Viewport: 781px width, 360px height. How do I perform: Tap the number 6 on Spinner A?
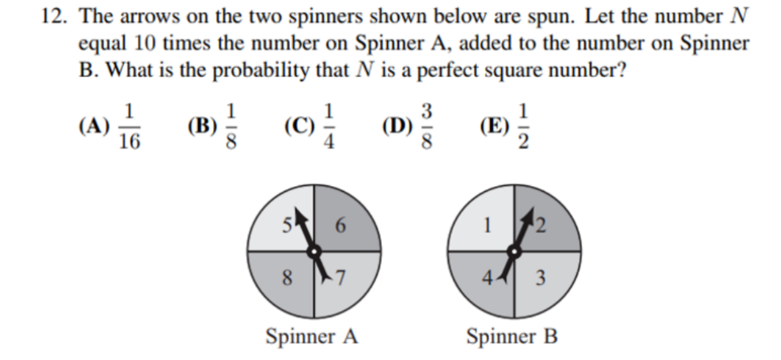(340, 225)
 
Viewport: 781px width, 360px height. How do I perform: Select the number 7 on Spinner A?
(340, 277)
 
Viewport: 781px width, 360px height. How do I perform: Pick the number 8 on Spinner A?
(288, 277)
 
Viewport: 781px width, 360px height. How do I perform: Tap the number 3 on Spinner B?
(540, 277)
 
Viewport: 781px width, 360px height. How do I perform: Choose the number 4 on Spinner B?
(486, 277)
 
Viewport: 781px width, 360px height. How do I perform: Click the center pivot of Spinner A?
(314, 251)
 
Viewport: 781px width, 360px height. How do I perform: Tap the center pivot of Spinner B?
(514, 251)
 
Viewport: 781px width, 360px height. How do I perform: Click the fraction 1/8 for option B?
(230, 127)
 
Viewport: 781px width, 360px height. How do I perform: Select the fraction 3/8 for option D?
(427, 127)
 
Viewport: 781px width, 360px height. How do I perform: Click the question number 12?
(55, 16)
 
